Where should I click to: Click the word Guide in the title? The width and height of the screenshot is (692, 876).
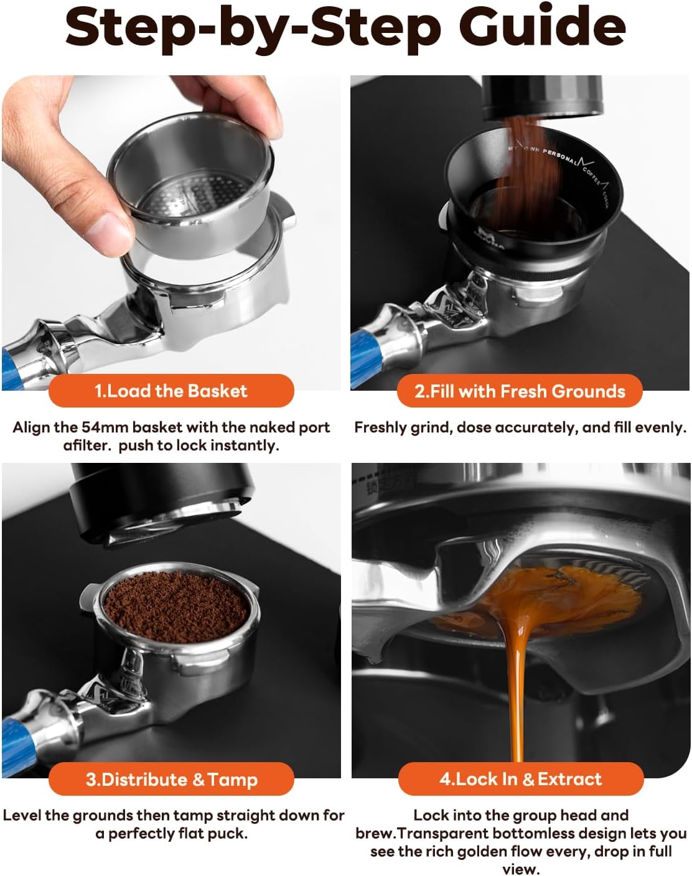[542, 28]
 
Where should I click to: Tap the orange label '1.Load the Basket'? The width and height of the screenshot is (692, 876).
[171, 391]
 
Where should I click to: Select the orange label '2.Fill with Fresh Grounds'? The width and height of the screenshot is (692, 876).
[520, 391]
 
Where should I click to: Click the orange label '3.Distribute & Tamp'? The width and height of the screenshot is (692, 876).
[171, 779]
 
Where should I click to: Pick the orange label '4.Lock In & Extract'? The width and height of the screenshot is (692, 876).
[520, 779]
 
